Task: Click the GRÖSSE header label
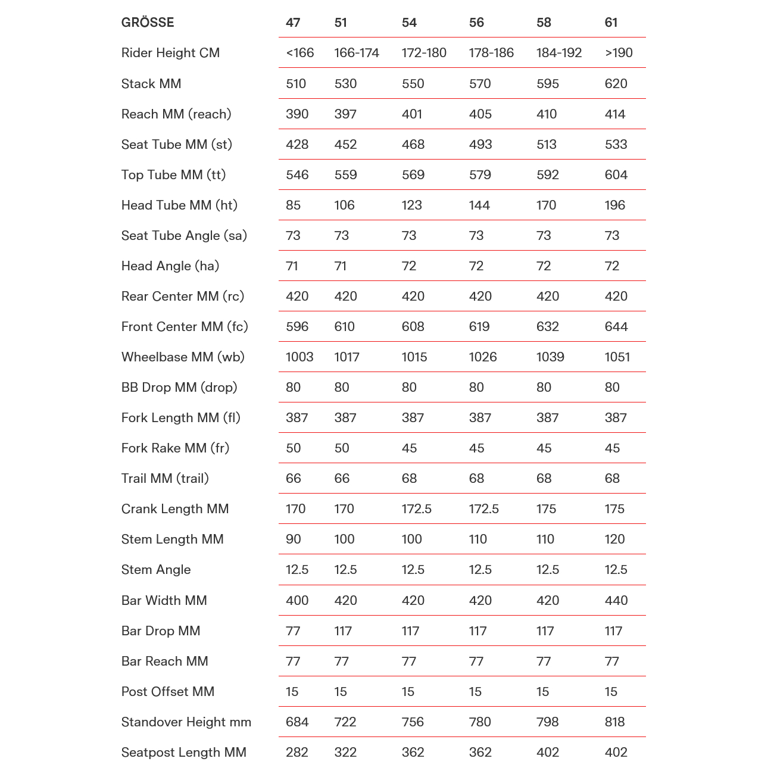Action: click(x=148, y=23)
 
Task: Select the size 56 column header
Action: click(x=476, y=23)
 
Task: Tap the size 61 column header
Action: click(x=611, y=23)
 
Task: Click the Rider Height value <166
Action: click(x=299, y=53)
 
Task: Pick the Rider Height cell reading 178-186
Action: click(x=491, y=53)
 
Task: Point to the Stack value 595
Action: click(x=547, y=83)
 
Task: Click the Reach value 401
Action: click(x=412, y=114)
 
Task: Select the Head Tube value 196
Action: click(x=614, y=205)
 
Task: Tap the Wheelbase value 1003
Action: click(x=299, y=357)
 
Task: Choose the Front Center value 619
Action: click(x=479, y=327)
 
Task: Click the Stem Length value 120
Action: click(x=614, y=539)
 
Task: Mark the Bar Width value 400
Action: click(x=297, y=600)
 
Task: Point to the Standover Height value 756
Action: click(x=413, y=722)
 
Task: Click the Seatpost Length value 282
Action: click(x=297, y=753)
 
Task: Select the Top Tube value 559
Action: click(x=345, y=175)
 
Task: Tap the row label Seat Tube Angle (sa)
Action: click(x=184, y=236)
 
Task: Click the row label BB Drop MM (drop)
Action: click(x=179, y=388)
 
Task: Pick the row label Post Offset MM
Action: click(x=168, y=692)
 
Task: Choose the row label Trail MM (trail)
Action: click(x=165, y=479)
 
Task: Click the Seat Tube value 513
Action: click(x=546, y=145)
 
